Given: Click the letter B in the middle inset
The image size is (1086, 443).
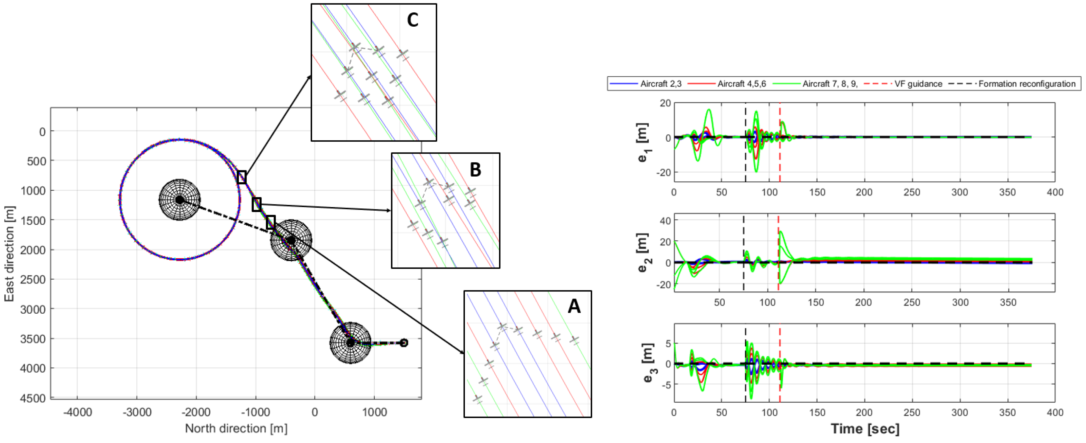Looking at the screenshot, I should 475,170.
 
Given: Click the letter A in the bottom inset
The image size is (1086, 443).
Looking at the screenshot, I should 574,306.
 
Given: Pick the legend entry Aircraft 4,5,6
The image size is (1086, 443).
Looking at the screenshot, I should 741,84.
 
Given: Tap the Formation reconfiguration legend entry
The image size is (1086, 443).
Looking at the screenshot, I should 1027,84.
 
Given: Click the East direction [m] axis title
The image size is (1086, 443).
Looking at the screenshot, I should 9,253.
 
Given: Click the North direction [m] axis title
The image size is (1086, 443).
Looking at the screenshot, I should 236,428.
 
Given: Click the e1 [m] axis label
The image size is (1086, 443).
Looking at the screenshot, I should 642,142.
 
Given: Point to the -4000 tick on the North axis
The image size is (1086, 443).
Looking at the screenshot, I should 77,412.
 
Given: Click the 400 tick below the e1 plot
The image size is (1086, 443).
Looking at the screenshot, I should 1055,193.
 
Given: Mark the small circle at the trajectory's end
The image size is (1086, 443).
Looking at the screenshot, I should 403,343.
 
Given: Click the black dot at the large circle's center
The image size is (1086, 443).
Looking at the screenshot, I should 180,200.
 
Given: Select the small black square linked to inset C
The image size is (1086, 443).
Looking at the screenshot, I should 242,177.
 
